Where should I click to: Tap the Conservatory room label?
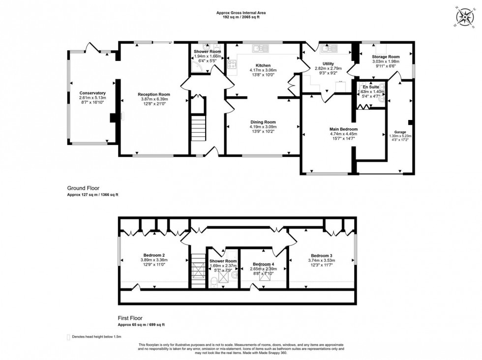[x=93, y=93]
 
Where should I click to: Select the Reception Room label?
[x=153, y=94]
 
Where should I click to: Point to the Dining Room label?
[x=263, y=122]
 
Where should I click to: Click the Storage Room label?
[x=386, y=57]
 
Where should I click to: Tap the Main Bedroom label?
[x=343, y=129]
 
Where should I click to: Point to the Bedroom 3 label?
[x=321, y=255]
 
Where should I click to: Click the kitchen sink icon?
[x=259, y=48]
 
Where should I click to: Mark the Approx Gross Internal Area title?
[x=241, y=13]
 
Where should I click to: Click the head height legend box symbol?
[x=68, y=337]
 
